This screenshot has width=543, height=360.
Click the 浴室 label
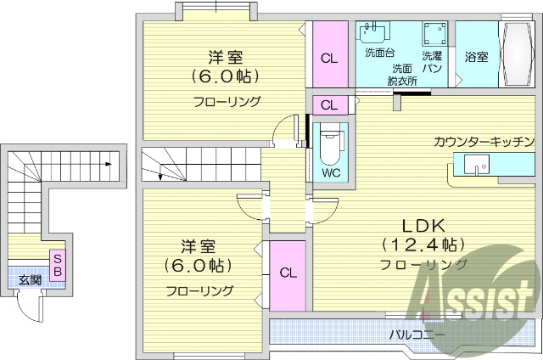coord(476,57)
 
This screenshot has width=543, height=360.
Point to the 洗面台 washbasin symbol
coord(372,32)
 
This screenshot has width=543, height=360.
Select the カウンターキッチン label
coord(484,142)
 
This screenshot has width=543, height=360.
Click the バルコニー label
coord(417,335)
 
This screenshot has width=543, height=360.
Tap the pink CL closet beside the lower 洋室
coord(288,273)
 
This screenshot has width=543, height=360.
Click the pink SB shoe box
coord(58,264)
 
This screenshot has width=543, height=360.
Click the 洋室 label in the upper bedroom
coord(227,58)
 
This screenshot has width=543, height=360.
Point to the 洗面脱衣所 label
coord(402,75)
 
